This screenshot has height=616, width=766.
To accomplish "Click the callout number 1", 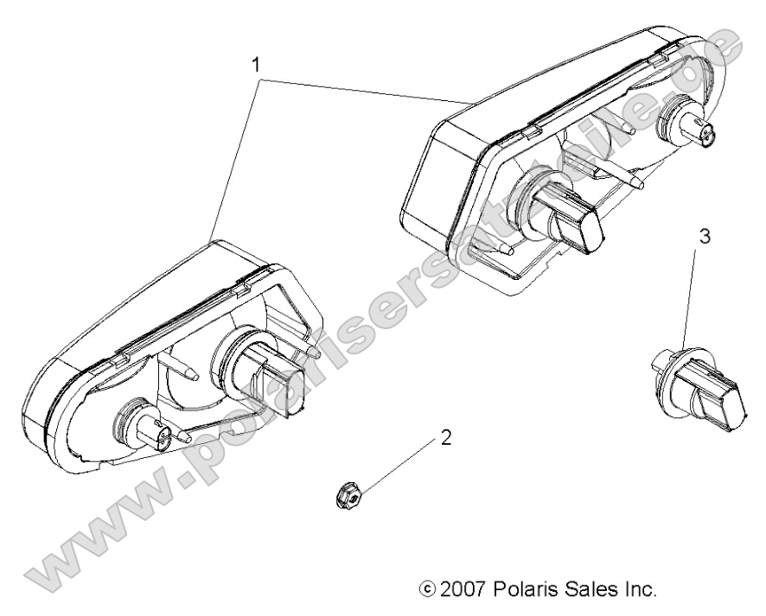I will coord(255,63).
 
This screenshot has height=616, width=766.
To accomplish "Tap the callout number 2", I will coord(446,437).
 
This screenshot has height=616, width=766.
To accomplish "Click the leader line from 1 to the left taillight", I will coord(232,161).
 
